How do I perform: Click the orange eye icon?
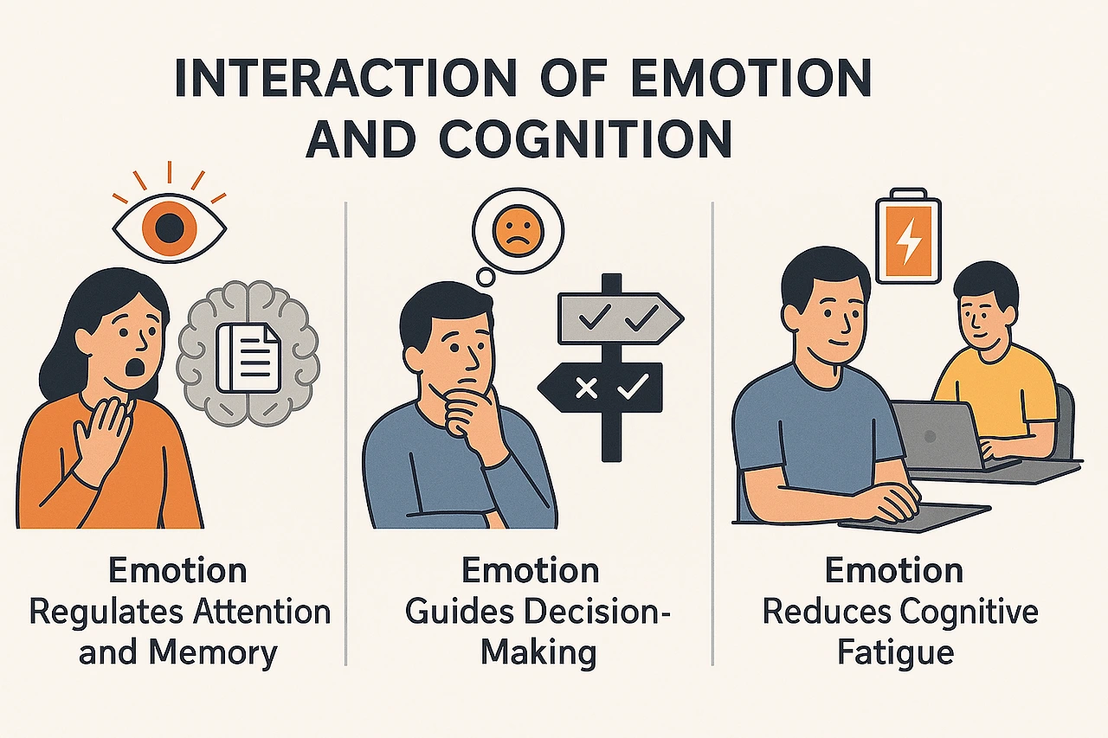170,228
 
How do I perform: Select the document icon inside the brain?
248,356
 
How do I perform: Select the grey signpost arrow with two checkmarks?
615,318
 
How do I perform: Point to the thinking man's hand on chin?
467,408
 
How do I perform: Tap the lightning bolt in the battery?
908,245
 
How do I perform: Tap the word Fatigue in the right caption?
896,652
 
